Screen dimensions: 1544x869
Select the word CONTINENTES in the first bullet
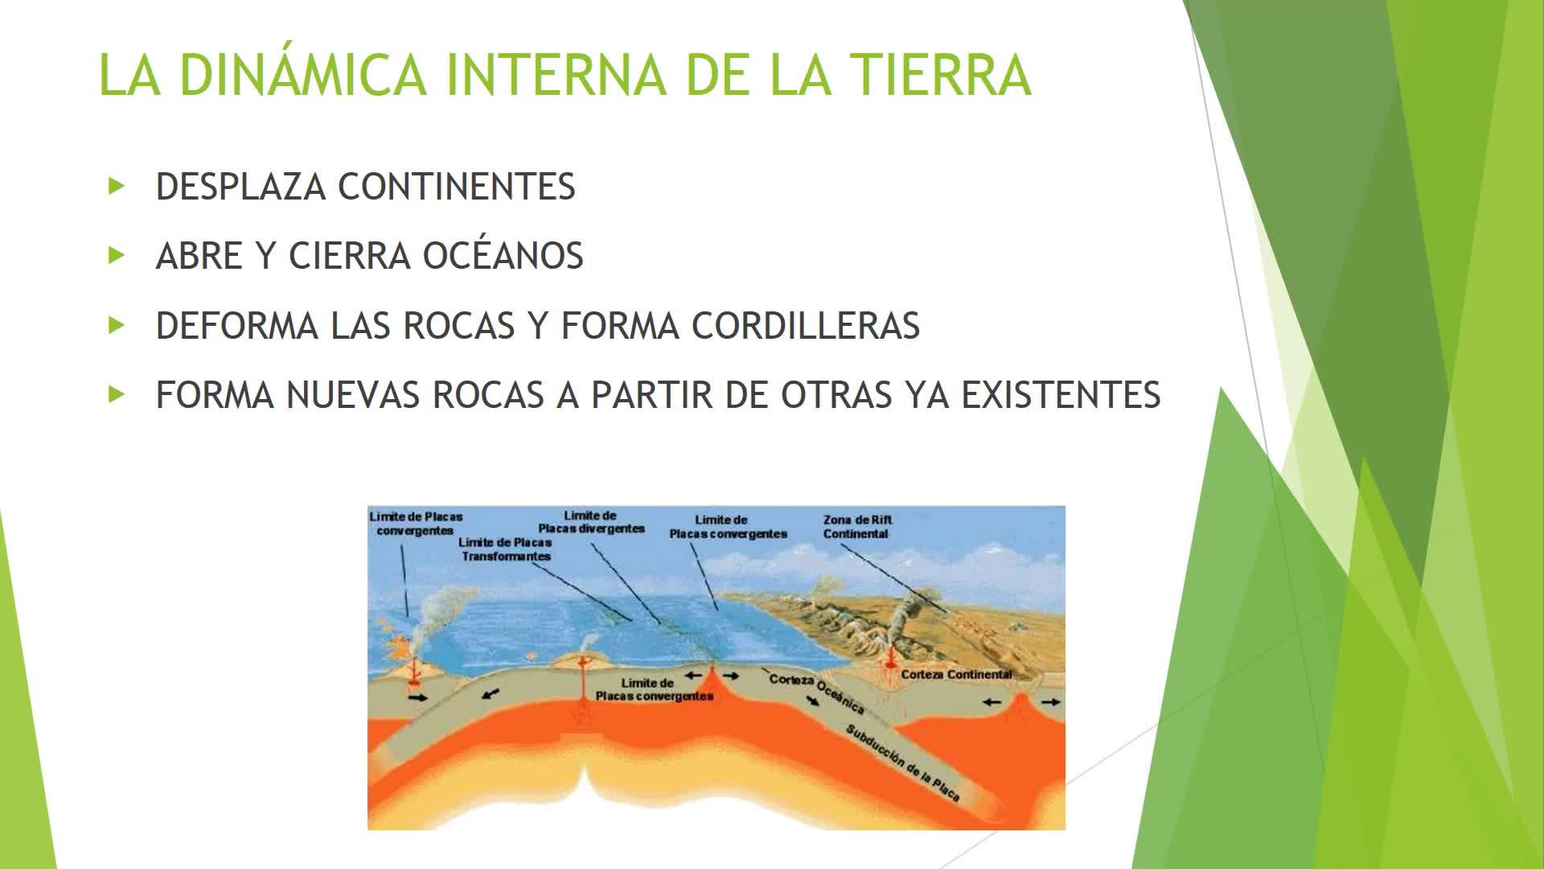[x=456, y=187]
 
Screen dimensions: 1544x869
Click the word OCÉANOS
[x=503, y=256]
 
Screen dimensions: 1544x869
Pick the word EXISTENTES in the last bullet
[x=1061, y=395]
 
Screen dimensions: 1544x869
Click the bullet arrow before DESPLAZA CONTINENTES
[x=117, y=187]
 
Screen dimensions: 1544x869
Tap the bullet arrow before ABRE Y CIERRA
[x=117, y=256]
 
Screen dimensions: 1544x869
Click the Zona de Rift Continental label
[x=857, y=527]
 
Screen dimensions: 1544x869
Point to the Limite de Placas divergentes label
[x=591, y=522]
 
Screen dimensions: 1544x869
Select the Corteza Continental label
[x=956, y=674]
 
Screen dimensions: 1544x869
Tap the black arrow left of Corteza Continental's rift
[x=992, y=702]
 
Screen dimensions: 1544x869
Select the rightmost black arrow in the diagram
[x=1051, y=702]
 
